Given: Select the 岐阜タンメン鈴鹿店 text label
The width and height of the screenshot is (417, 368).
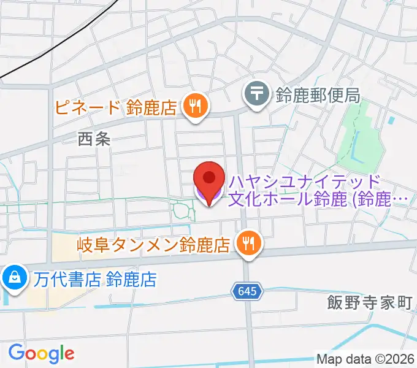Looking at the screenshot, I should coord(153,245).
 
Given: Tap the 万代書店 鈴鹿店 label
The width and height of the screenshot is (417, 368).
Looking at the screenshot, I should coord(95,280).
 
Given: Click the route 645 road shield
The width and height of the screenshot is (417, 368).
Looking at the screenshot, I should coord(248,291).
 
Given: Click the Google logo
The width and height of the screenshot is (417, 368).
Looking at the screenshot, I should coord(41,353).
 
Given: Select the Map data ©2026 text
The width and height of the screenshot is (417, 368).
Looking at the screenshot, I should coord(365,359).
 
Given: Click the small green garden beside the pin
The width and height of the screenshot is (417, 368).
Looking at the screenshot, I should coord(182,211).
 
